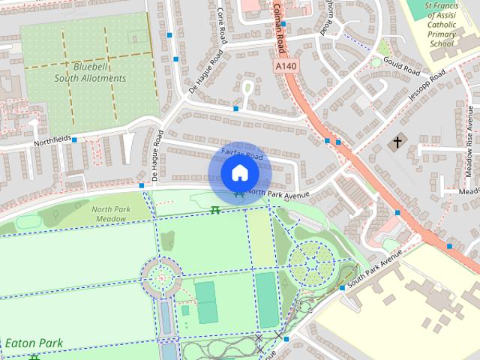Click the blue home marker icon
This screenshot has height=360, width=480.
[x=239, y=173]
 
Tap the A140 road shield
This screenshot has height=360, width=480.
[x=281, y=67]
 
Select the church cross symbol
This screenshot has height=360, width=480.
[x=398, y=141]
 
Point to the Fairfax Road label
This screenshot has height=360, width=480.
[x=243, y=155]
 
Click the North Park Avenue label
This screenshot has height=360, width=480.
[x=277, y=193]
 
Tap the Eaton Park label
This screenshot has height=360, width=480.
[x=34, y=343]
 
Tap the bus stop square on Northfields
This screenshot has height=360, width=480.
[x=74, y=139]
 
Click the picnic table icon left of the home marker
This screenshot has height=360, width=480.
[x=215, y=210]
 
